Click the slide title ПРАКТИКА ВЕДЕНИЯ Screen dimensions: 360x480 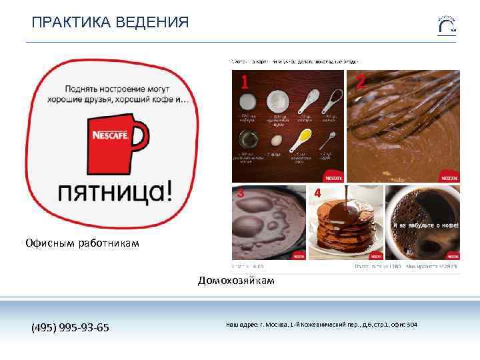coord(110,23)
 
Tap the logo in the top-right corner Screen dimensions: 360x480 coord(446,24)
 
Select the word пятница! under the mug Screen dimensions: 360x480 coord(116,193)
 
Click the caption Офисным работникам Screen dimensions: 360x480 coord(83,243)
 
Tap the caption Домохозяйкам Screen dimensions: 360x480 coord(236,281)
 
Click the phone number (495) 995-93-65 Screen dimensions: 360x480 coord(71,327)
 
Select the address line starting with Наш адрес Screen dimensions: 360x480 coord(322,325)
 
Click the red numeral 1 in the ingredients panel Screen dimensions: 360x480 coord(245,83)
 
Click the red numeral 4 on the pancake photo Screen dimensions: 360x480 coord(317,193)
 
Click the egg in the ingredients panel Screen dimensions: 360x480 coord(275,141)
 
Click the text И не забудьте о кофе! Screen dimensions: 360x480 coord(423,225)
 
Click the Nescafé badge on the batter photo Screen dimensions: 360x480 coord(448,177)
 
